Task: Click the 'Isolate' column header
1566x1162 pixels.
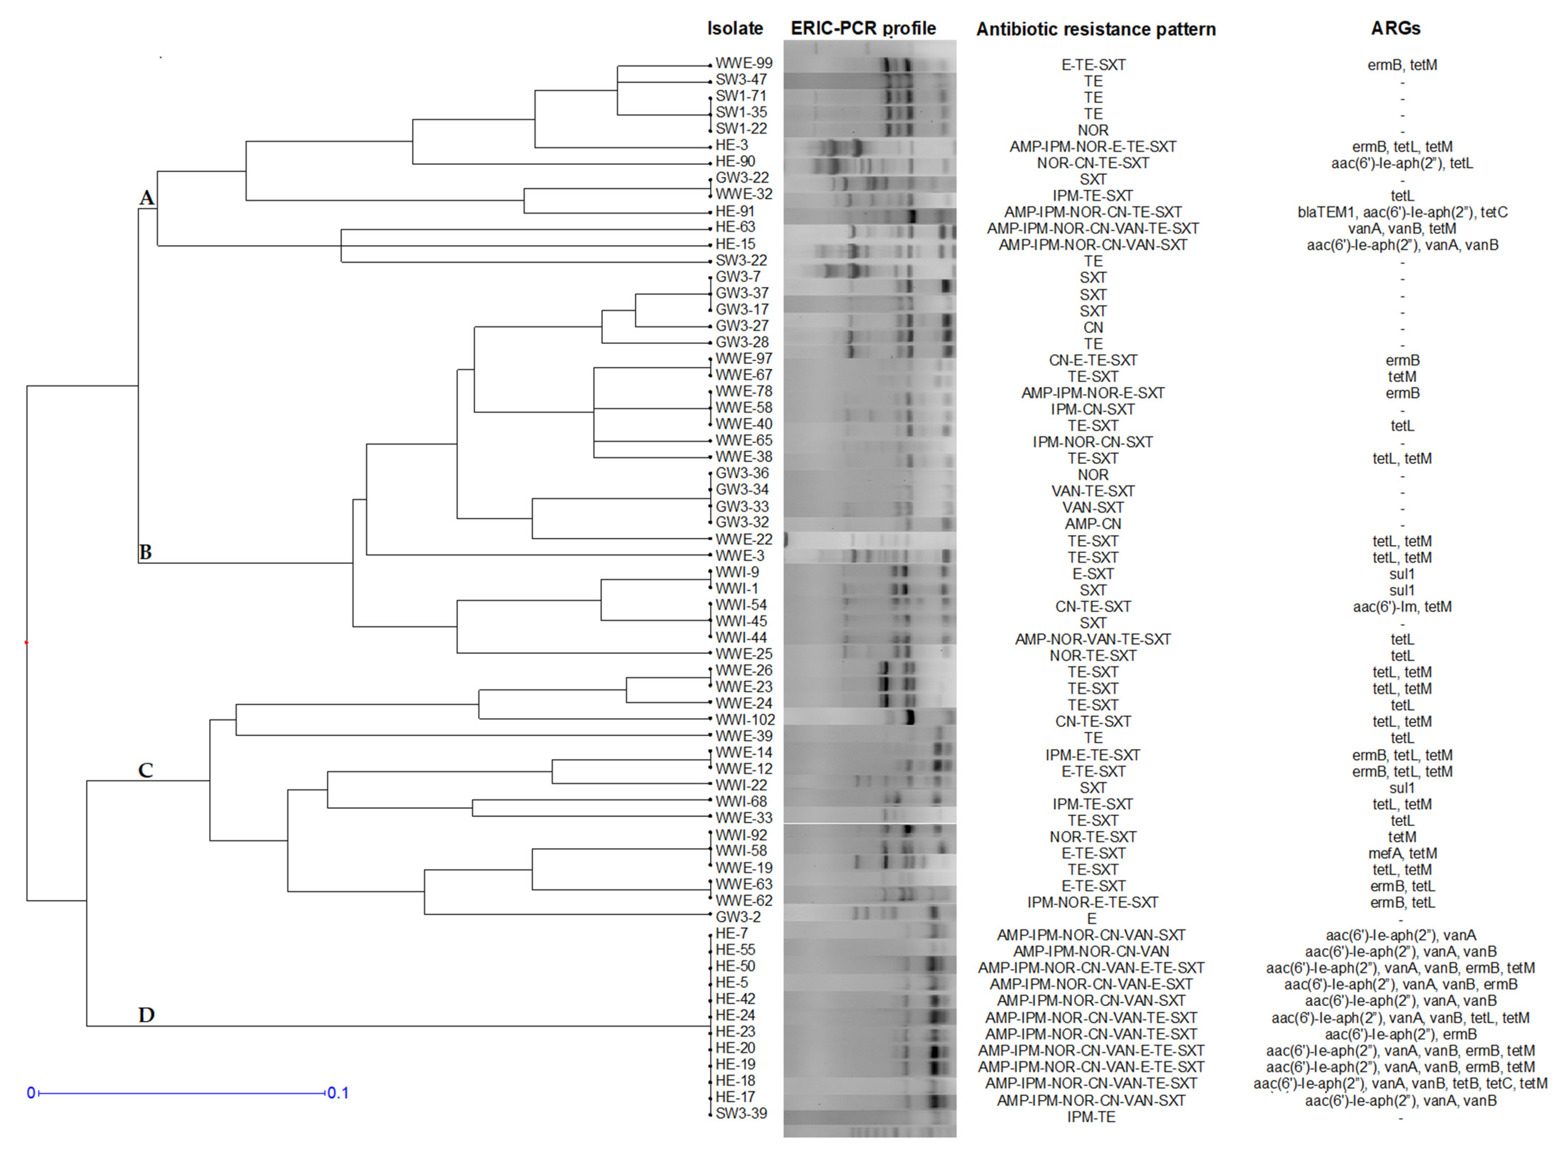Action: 734,28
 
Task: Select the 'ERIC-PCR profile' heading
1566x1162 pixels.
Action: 863,28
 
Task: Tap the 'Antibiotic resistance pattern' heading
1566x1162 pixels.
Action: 1095,29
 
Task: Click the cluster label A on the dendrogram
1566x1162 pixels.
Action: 146,198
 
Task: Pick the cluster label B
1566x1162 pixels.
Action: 145,552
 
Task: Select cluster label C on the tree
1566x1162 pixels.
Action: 145,770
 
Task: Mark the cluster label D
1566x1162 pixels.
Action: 146,1014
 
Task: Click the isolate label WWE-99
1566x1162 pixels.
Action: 744,63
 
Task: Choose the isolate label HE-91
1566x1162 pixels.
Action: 735,211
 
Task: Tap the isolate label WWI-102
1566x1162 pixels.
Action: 745,720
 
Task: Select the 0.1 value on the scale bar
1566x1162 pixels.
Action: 338,1093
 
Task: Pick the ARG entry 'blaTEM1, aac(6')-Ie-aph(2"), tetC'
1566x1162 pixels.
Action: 1402,212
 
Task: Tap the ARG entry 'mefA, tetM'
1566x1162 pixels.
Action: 1402,853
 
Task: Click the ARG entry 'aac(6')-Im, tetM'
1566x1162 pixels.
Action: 1402,606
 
